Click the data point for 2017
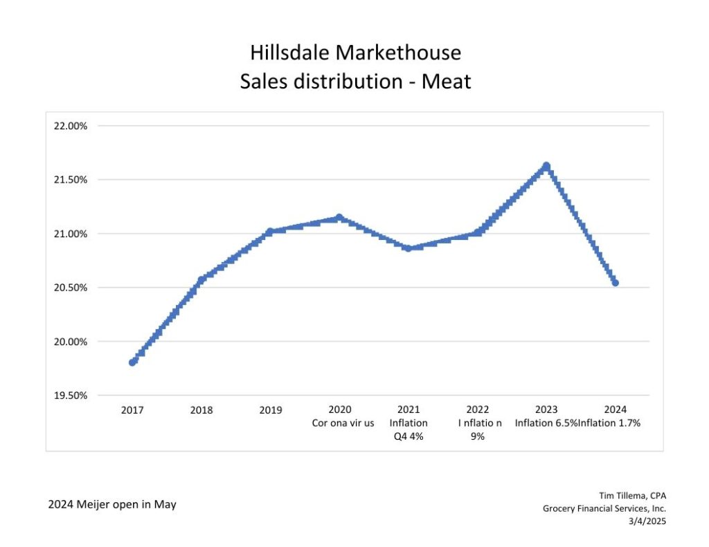pyautogui.click(x=133, y=362)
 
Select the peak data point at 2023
pyautogui.click(x=546, y=166)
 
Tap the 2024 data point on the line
pyautogui.click(x=615, y=283)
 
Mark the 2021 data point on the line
pyautogui.click(x=408, y=248)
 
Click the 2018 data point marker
pyautogui.click(x=201, y=279)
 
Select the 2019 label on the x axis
pyautogui.click(x=271, y=410)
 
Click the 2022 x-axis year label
pyautogui.click(x=478, y=410)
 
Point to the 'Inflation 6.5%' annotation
pyautogui.click(x=546, y=423)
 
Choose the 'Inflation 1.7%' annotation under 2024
pyautogui.click(x=609, y=423)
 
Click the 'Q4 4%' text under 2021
pyautogui.click(x=409, y=436)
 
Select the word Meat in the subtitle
pyautogui.click(x=447, y=82)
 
